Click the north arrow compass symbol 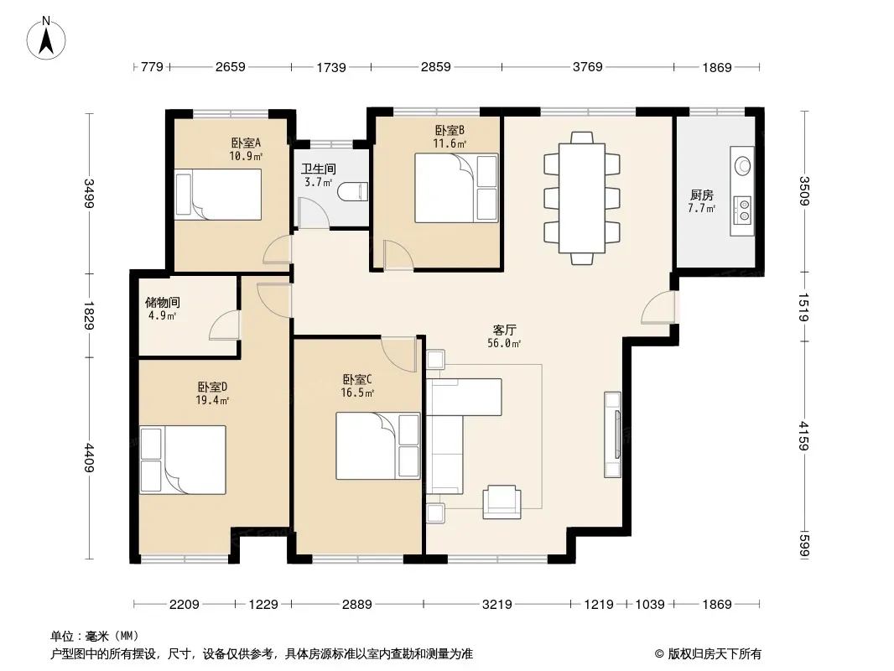coord(46,38)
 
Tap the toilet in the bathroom coord(353,191)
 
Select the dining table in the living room coord(581,199)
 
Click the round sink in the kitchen coord(743,165)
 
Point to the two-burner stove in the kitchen coord(742,209)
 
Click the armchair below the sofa coord(502,502)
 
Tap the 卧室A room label coord(246,143)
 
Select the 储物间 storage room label coord(163,302)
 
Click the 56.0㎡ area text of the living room coord(504,343)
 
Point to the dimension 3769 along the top coord(587,67)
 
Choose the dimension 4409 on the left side coord(88,458)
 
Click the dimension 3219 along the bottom coord(496,604)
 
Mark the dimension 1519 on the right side coord(804,307)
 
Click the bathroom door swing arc coord(314,213)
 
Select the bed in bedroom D coord(183,459)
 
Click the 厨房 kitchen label coord(701,195)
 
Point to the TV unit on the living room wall coord(613,434)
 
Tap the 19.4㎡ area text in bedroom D coord(212,400)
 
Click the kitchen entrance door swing coord(659,308)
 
